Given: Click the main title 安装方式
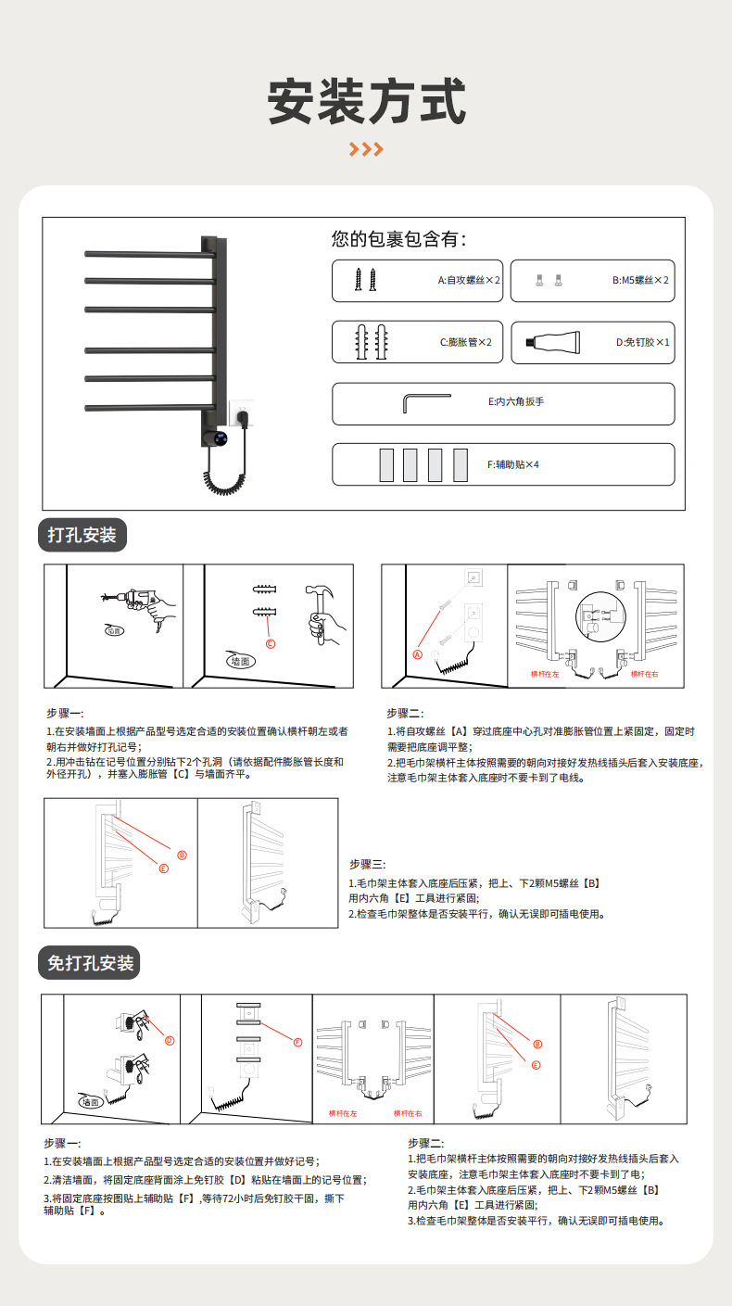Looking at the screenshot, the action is pyautogui.click(x=366, y=101).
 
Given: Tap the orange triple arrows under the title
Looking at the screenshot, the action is pyautogui.click(x=366, y=149).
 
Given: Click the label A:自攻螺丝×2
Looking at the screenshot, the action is pyautogui.click(x=469, y=280).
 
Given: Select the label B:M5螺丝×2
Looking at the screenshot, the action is pyautogui.click(x=640, y=280).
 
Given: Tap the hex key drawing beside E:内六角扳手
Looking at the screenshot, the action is pyautogui.click(x=425, y=403).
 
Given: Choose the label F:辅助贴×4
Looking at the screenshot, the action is pyautogui.click(x=512, y=464).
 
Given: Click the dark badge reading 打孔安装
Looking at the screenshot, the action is pyautogui.click(x=82, y=536).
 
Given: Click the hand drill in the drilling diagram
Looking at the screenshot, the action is pyautogui.click(x=139, y=600).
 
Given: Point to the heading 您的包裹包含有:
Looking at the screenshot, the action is pyautogui.click(x=399, y=239).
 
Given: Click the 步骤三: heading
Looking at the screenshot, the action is pyautogui.click(x=367, y=863).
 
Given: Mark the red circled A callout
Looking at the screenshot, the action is pyautogui.click(x=417, y=653).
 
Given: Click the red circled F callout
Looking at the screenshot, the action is pyautogui.click(x=298, y=1042).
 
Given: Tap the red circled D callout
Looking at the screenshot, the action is pyautogui.click(x=170, y=1040).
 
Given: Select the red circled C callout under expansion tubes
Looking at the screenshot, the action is pyautogui.click(x=271, y=644).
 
